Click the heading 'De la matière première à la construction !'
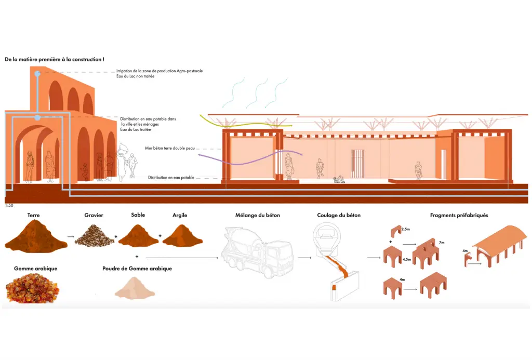point(55,60)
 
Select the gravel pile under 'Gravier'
point(95,235)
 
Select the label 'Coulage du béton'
point(339,215)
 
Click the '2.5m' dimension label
point(406,229)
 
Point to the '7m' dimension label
point(442,243)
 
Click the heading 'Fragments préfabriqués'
point(459,215)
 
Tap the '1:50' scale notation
point(9,206)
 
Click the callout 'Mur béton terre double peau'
point(169,149)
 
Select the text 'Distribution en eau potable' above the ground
point(171,178)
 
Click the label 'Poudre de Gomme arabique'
point(137,269)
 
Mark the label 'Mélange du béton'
point(258,215)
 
